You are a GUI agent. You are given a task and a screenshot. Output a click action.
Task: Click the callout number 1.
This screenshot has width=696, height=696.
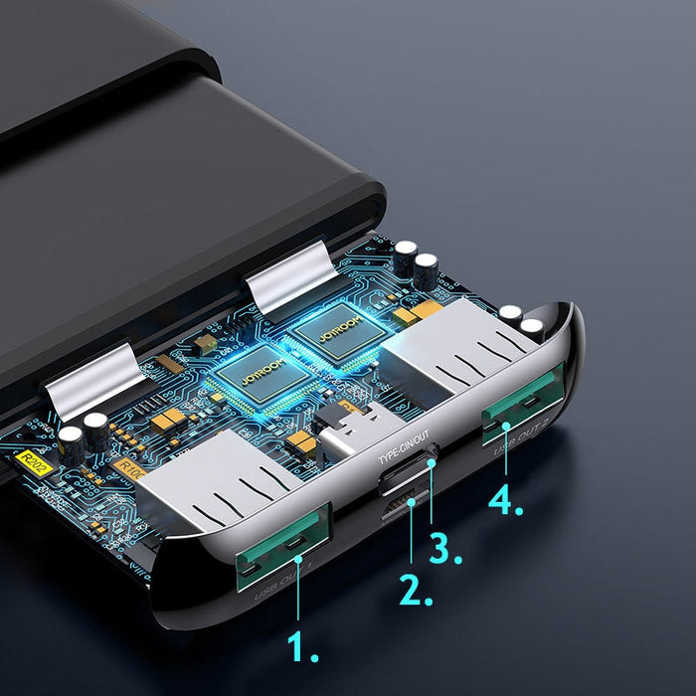pos(302,647)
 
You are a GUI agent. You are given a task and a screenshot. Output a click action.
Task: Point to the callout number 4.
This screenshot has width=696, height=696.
pos(505,500)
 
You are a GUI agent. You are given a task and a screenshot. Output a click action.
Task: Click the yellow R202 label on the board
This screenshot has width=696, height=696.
pos(34,459)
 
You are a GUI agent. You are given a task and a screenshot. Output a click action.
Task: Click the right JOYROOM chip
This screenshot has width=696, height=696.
pos(340,332)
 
